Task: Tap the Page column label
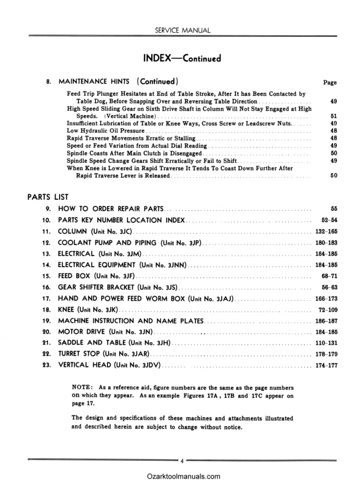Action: [329, 82]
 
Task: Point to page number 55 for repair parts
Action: [333, 209]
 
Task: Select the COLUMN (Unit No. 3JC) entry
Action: [95, 231]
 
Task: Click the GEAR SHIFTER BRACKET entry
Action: [117, 287]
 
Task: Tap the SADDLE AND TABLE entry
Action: [113, 343]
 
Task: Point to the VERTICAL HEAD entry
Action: [110, 365]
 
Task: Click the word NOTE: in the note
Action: [83, 388]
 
